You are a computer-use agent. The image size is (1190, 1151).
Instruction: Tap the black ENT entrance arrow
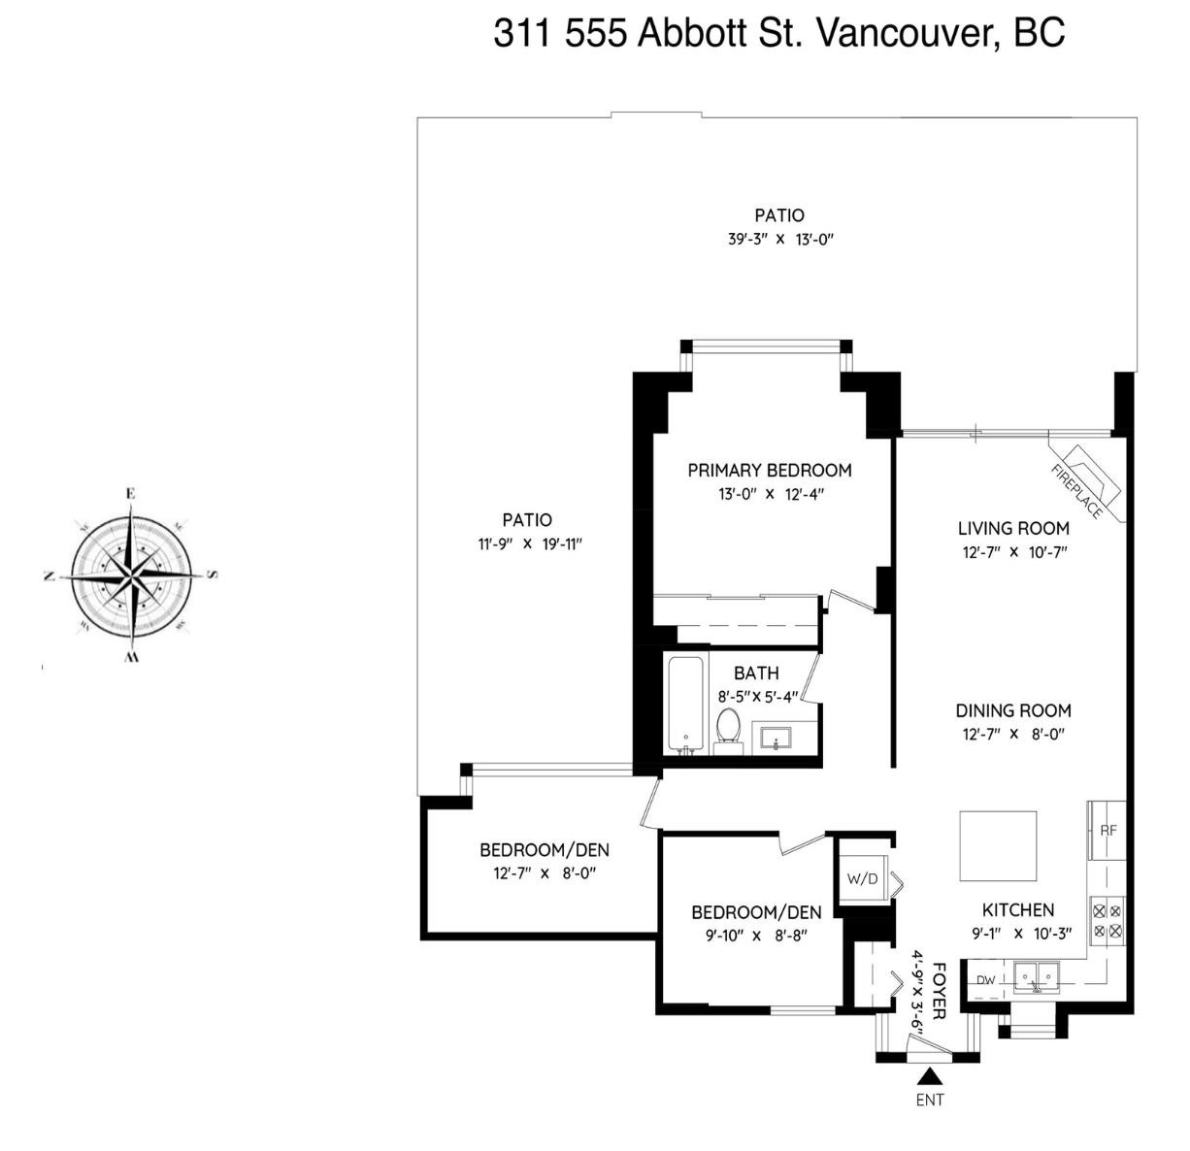click(x=930, y=1075)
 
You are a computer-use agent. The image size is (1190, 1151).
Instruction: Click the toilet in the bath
click(x=728, y=728)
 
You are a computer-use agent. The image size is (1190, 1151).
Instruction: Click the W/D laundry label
click(x=861, y=880)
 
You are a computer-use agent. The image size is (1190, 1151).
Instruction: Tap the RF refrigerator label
click(x=1108, y=831)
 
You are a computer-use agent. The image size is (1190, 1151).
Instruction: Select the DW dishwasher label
click(x=986, y=980)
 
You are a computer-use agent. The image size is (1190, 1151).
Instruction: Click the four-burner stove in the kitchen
click(x=1107, y=921)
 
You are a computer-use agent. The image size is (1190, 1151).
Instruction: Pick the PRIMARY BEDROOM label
click(x=770, y=471)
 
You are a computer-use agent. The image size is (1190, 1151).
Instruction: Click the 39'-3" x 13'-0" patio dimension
click(x=780, y=240)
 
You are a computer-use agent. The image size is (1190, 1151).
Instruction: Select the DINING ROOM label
click(x=1013, y=710)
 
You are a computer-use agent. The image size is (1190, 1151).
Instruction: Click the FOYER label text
click(x=939, y=990)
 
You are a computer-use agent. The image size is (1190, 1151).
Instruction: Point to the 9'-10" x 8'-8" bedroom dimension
click(x=756, y=936)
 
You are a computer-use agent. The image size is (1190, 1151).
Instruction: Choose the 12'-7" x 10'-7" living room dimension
click(x=1013, y=552)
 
